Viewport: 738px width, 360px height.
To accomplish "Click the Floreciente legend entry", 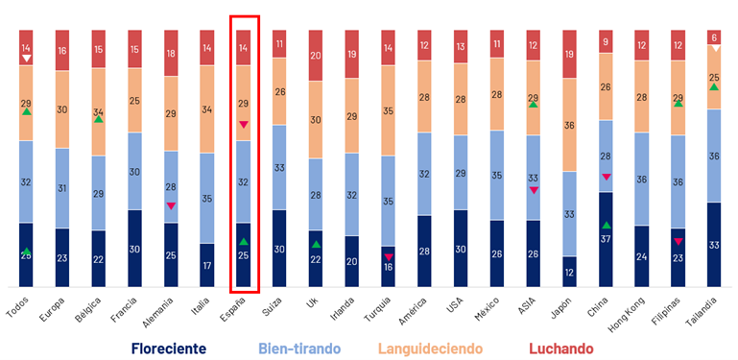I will [169, 348].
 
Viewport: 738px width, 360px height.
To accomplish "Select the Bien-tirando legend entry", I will [304, 348].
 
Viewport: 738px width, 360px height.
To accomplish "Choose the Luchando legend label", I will [561, 348].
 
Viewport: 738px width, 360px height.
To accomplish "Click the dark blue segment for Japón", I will [569, 272].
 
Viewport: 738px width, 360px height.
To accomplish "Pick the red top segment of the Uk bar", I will [316, 55].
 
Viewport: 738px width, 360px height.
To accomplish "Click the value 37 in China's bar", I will [606, 238].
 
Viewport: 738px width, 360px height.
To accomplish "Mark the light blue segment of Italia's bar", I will [207, 198].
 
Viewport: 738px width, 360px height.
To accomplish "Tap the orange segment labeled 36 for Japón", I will [569, 125].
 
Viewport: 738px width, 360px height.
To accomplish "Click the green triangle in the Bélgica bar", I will [99, 119].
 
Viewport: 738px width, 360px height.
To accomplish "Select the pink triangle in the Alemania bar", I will [171, 205].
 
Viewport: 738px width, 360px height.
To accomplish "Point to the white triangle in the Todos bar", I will [27, 59].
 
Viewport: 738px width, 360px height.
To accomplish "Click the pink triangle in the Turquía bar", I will [389, 256].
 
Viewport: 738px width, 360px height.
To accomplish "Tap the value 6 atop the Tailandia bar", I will [714, 37].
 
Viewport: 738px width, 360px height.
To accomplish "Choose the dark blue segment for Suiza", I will [279, 248].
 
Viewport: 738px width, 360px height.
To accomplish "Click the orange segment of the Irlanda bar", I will [352, 116].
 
